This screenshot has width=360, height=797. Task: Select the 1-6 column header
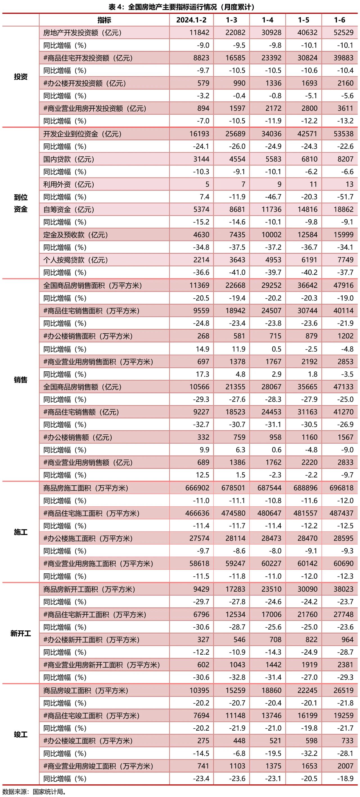339,20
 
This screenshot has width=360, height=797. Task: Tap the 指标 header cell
104,20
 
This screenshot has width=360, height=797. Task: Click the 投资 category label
21,77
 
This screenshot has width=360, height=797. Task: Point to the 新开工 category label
21,633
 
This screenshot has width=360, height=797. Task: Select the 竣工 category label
21,735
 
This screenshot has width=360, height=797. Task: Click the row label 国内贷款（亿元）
69,159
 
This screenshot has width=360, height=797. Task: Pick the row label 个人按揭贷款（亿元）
75,260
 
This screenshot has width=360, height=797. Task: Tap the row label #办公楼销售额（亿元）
78,437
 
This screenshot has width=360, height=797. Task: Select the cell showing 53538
343,134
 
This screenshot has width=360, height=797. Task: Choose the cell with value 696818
341,488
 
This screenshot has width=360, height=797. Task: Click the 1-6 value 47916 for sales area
343,285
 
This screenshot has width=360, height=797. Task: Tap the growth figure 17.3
202,374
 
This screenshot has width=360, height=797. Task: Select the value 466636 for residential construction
197,513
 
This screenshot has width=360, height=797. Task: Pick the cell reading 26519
343,691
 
